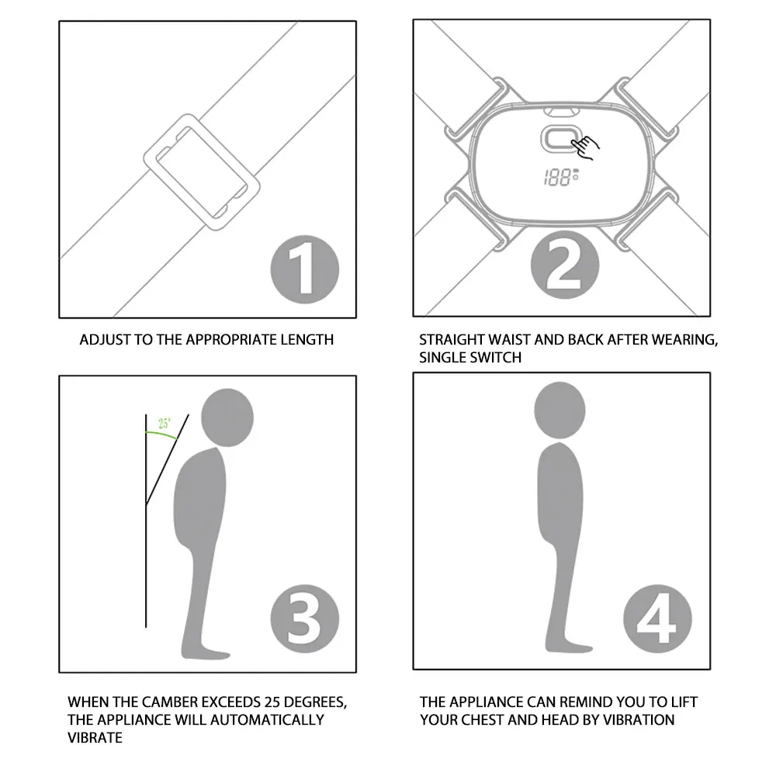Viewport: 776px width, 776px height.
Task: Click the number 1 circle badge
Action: click(305, 269)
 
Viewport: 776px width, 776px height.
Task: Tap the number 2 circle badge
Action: click(565, 265)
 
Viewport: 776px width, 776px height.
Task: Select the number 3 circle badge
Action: click(305, 618)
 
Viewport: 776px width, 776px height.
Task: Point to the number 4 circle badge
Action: click(657, 618)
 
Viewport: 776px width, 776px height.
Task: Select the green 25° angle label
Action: click(165, 423)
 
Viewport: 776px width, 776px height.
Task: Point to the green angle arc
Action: click(161, 434)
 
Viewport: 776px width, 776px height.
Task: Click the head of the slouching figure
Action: click(227, 417)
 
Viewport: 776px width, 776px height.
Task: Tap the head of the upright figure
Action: click(559, 411)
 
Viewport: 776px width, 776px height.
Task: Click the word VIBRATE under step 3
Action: click(95, 738)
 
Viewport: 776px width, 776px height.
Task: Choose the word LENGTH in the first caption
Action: click(307, 340)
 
